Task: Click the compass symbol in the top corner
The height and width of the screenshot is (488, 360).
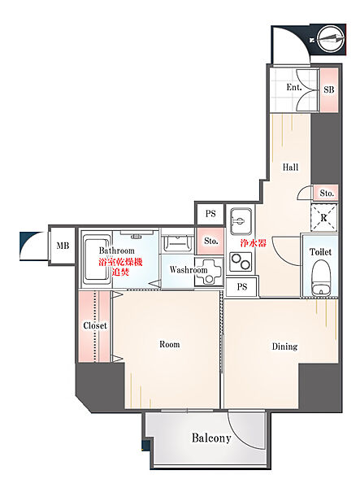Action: (332, 40)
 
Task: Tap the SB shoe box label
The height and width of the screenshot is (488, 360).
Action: (329, 89)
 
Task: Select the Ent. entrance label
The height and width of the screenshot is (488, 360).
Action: (294, 87)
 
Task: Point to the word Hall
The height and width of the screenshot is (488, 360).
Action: (290, 167)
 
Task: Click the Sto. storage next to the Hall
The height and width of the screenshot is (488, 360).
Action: (327, 193)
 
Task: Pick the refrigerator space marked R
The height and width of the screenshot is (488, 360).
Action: (324, 217)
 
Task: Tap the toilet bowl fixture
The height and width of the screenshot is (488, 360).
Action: (321, 277)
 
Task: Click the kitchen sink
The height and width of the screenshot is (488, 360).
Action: (241, 221)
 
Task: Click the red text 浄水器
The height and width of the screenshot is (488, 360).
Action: (253, 243)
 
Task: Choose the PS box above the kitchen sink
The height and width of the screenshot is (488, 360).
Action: (210, 214)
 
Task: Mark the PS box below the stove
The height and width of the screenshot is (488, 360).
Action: (242, 286)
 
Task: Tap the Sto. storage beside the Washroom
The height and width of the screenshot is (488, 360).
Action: (210, 241)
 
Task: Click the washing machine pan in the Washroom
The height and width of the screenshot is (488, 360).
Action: (209, 271)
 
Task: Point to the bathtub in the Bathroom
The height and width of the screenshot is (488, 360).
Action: (97, 260)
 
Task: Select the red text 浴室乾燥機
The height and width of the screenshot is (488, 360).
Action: (120, 262)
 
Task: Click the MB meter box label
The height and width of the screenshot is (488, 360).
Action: (63, 246)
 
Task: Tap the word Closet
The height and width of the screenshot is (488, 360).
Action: (95, 325)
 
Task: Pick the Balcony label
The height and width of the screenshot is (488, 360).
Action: (211, 438)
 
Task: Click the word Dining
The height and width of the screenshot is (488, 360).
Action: (284, 346)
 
